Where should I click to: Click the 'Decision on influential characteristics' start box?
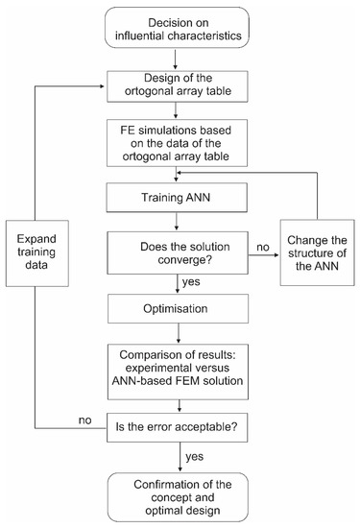coord(180,29)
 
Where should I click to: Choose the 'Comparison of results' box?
coord(180,365)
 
